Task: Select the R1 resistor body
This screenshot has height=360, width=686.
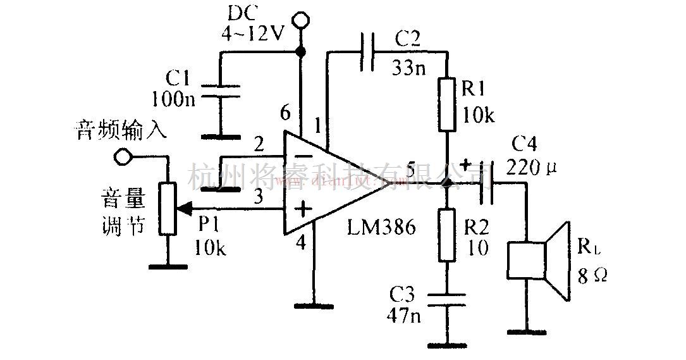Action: pyautogui.click(x=447, y=104)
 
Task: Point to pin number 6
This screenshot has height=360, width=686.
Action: pyautogui.click(x=285, y=115)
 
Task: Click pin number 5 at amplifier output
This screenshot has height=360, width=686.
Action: pyautogui.click(x=412, y=170)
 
